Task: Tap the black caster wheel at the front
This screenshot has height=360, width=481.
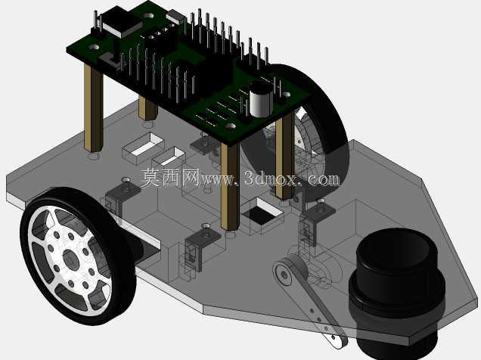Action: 397,291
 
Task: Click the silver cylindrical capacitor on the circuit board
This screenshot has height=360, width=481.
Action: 261,99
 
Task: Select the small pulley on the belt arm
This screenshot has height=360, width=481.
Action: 284,274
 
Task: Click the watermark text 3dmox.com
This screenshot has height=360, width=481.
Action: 292,178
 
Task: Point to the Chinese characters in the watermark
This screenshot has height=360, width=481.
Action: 171,178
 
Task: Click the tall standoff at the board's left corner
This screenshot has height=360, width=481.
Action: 93,110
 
